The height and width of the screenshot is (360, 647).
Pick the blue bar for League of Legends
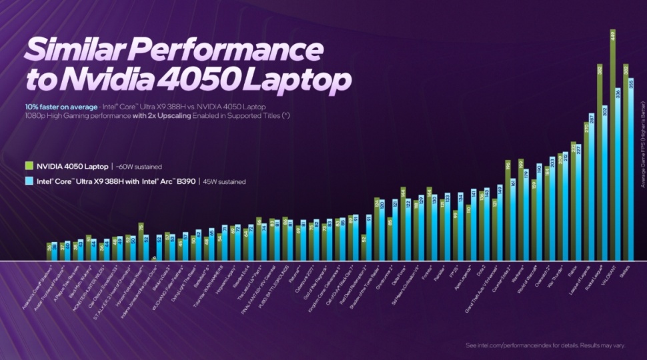(x=591, y=187)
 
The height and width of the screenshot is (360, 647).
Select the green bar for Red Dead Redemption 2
(x=364, y=247)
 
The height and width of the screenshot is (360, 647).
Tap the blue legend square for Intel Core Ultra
(x=29, y=181)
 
